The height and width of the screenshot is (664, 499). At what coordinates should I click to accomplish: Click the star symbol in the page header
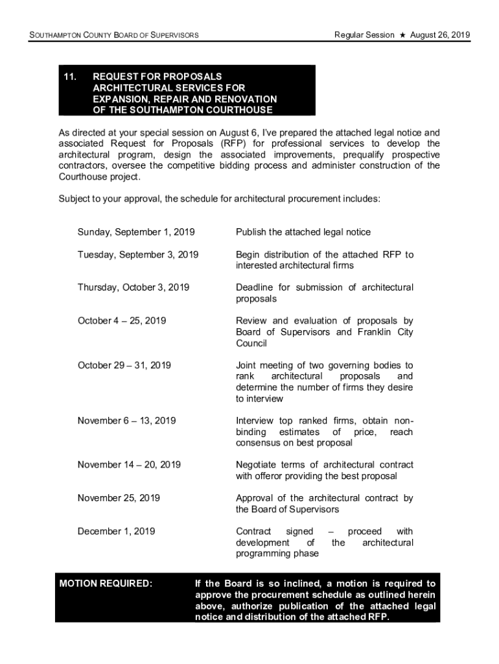pyautogui.click(x=402, y=34)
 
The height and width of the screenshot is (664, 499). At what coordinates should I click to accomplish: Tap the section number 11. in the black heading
pyautogui.click(x=69, y=77)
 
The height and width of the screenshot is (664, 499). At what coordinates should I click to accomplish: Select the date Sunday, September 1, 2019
pyautogui.click(x=136, y=232)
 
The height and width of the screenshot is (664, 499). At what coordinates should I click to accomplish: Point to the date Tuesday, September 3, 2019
pyautogui.click(x=138, y=254)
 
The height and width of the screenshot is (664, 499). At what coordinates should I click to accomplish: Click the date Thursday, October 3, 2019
pyautogui.click(x=133, y=287)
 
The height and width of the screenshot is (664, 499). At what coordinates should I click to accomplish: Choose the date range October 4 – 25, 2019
pyautogui.click(x=122, y=321)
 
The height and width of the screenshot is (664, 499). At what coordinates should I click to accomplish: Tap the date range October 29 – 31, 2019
pyautogui.click(x=124, y=365)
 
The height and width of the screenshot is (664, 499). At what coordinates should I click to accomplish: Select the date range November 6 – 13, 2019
pyautogui.click(x=126, y=421)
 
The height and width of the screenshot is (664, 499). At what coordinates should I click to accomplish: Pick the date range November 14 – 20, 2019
pyautogui.click(x=129, y=465)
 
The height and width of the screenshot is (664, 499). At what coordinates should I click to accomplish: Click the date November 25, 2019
pyautogui.click(x=119, y=498)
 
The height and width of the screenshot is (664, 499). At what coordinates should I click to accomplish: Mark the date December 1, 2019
pyautogui.click(x=117, y=532)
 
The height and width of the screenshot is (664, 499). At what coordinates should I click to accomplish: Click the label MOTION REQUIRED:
pyautogui.click(x=106, y=584)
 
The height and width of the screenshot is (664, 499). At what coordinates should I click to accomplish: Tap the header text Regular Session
pyautogui.click(x=364, y=34)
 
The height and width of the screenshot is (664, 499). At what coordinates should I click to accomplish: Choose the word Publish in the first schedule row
pyautogui.click(x=251, y=232)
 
